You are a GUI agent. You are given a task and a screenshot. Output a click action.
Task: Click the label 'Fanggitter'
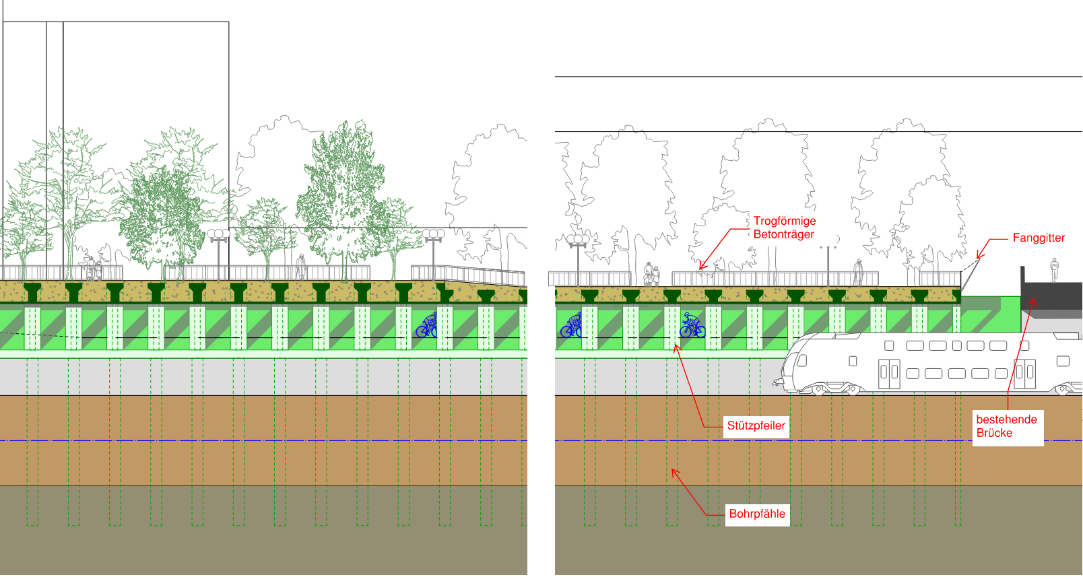(1039, 238)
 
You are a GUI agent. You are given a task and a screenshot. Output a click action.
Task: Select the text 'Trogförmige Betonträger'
(784, 228)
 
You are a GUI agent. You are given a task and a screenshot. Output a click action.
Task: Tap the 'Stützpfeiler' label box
(756, 425)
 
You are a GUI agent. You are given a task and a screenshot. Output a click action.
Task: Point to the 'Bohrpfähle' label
(757, 514)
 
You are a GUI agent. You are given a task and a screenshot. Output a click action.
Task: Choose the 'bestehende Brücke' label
(1007, 426)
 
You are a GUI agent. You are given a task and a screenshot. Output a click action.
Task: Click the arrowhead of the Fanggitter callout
(979, 257)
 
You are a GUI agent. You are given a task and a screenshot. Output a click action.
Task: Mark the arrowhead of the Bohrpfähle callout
(673, 471)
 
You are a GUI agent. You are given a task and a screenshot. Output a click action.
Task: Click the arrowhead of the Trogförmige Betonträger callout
(701, 268)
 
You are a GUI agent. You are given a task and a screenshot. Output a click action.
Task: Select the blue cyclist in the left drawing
(426, 327)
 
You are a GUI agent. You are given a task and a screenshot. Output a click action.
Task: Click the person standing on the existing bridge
(1055, 269)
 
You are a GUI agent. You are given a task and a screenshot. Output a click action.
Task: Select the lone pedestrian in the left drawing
(301, 267)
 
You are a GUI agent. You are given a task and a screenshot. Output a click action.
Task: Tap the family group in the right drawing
(651, 274)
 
